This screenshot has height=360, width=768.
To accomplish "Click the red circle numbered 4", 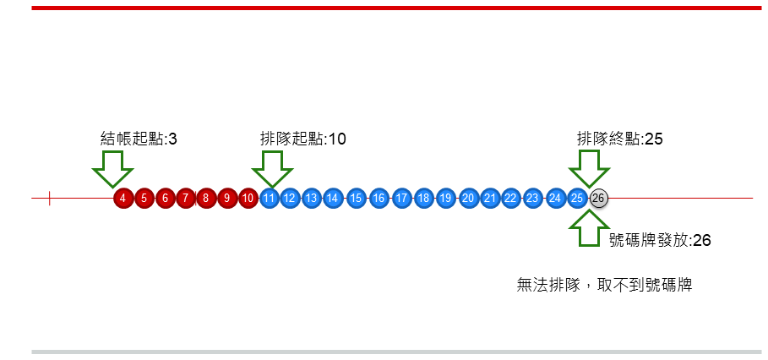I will [x=123, y=199].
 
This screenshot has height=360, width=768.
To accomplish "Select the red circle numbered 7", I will [x=186, y=199].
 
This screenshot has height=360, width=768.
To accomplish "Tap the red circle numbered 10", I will [x=248, y=199].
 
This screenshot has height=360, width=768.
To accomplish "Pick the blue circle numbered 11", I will [x=270, y=199].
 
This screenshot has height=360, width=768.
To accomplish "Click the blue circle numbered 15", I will [x=356, y=199].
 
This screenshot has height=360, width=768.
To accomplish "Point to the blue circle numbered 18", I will [x=423, y=199].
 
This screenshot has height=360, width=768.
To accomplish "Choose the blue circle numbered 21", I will [x=490, y=199].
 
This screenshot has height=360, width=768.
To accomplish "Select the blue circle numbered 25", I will [x=577, y=199].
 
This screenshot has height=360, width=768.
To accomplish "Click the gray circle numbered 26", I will [x=598, y=199].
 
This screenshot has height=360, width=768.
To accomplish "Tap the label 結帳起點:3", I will [x=139, y=139].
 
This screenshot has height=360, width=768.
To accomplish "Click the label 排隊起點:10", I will [x=303, y=139].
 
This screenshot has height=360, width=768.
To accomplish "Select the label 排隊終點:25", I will [x=619, y=139].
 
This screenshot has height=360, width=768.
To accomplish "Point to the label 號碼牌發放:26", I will [x=660, y=240].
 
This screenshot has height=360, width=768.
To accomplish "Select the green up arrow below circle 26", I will [x=588, y=228].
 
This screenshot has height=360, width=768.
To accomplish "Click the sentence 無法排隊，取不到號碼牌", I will [x=604, y=285].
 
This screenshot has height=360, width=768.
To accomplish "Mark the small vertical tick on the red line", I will [x=50, y=199].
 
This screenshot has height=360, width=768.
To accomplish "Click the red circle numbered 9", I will [x=226, y=199].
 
